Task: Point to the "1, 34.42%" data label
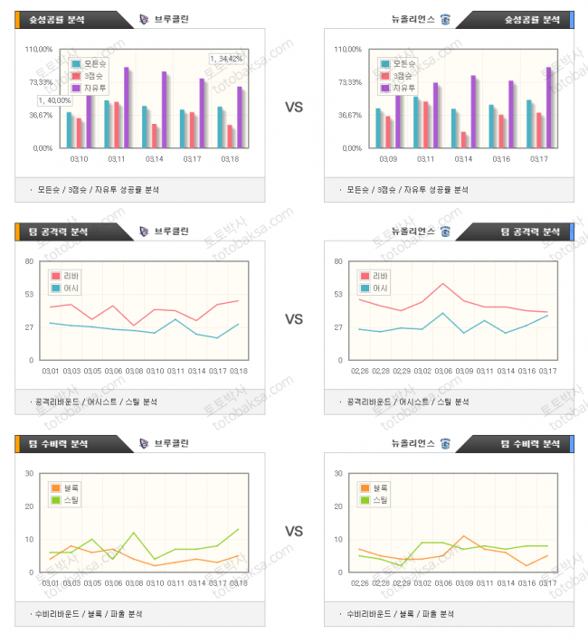(226, 58)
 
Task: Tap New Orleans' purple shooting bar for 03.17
(548, 107)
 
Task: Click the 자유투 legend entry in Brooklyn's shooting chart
(90, 88)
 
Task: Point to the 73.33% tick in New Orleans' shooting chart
(348, 82)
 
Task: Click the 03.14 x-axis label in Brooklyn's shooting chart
(155, 159)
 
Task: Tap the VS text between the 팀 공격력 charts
(293, 319)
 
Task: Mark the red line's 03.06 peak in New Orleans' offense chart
(443, 284)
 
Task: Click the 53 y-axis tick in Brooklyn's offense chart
(29, 294)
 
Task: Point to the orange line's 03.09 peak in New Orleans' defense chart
(463, 536)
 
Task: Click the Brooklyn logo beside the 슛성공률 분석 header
(146, 19)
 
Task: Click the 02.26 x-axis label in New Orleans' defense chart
(360, 583)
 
